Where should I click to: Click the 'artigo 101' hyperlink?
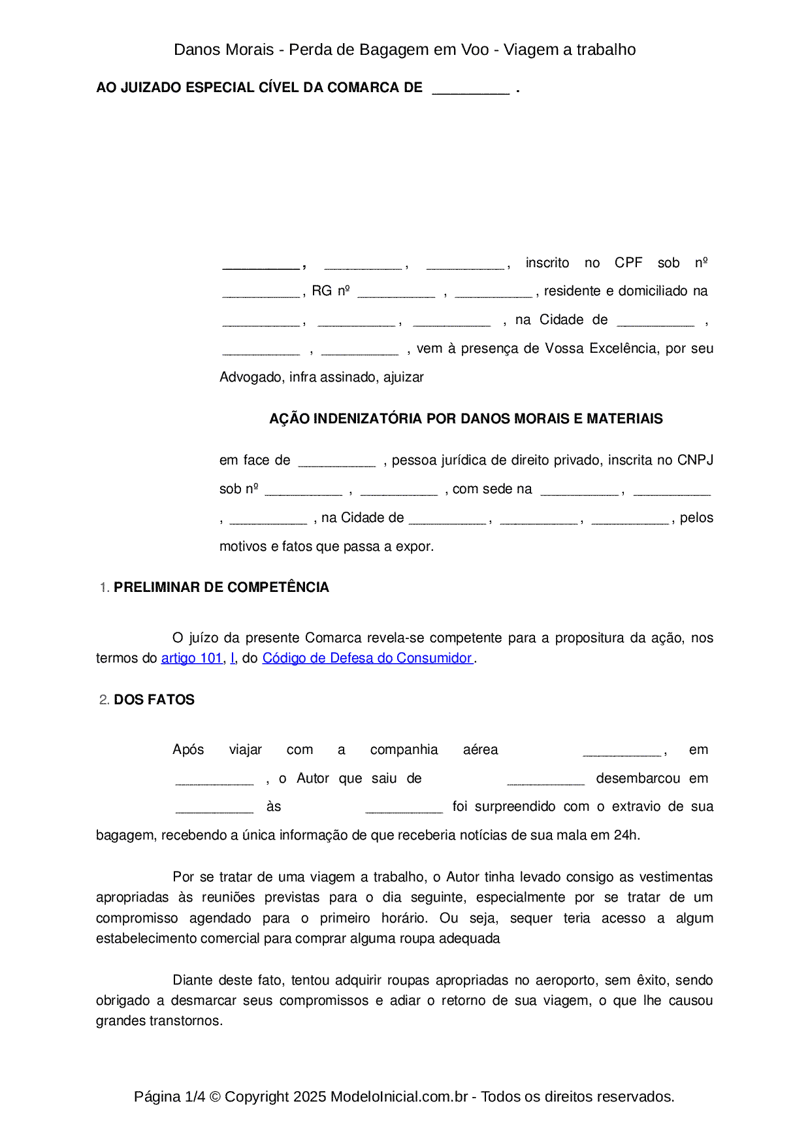click(191, 658)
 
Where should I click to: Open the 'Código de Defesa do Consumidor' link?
click(366, 658)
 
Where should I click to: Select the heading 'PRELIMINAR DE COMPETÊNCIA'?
click(221, 587)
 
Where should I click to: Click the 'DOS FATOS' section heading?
click(154, 700)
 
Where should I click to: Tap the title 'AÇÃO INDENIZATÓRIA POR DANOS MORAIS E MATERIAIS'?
click(466, 419)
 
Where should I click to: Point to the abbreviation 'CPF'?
click(628, 263)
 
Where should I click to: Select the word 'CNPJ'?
click(695, 460)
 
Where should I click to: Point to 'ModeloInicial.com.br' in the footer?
click(398, 1096)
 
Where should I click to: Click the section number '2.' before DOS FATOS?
click(104, 700)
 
